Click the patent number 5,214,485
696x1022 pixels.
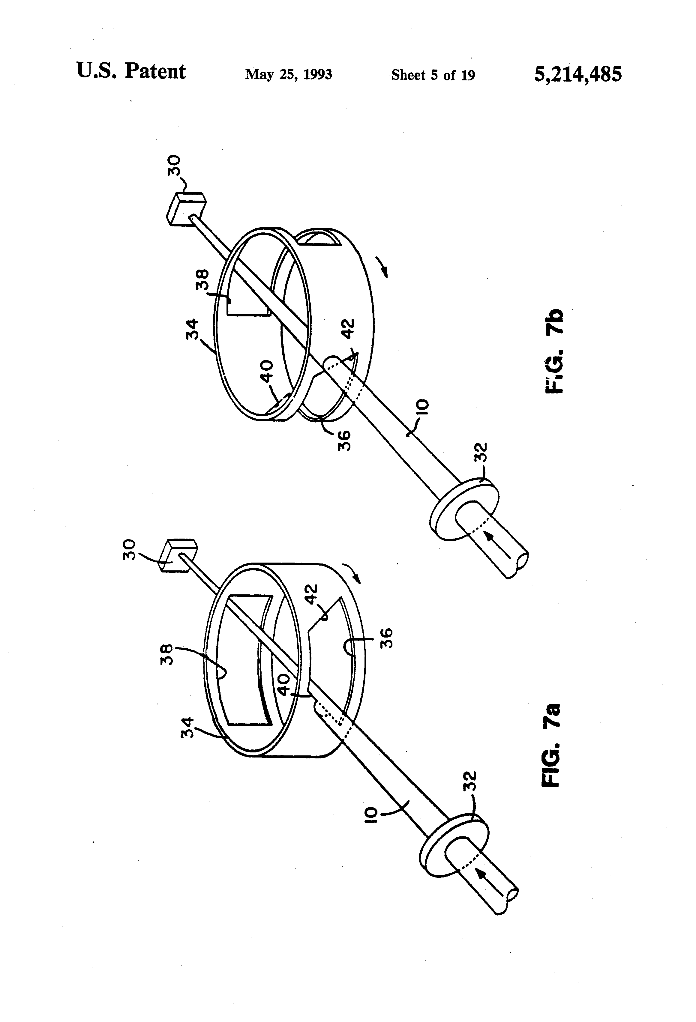(x=578, y=74)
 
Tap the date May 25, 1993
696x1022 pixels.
(x=288, y=74)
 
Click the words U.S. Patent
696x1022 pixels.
(x=131, y=71)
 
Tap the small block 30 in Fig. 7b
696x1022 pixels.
(x=186, y=210)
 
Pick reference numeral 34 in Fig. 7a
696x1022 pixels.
(x=187, y=728)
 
